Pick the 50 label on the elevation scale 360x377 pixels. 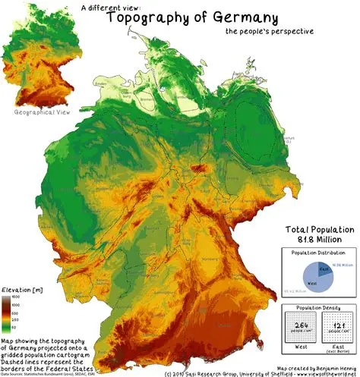[16, 326]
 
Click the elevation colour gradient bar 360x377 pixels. [5, 312]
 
